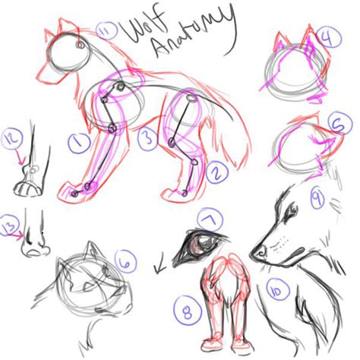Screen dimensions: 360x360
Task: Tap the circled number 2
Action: click(217, 172)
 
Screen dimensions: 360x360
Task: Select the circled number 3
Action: click(149, 139)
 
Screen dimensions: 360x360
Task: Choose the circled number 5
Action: click(340, 124)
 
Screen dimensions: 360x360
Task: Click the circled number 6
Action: click(125, 261)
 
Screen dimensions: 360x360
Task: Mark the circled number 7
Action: click(210, 219)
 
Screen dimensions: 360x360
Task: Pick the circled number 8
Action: click(188, 311)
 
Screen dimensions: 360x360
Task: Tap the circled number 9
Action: click(317, 197)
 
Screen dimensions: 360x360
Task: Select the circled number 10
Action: click(277, 290)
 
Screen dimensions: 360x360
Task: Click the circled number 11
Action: click(106, 31)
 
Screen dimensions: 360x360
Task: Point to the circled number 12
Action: click(12, 140)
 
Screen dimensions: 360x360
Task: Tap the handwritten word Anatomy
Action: click(195, 33)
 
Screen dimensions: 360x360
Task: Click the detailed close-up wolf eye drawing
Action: click(200, 247)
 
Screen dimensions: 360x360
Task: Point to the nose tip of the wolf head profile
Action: click(251, 254)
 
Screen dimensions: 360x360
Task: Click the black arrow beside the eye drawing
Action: click(160, 267)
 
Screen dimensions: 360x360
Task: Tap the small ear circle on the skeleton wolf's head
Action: click(81, 45)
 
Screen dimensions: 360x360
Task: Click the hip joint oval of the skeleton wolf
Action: click(191, 97)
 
